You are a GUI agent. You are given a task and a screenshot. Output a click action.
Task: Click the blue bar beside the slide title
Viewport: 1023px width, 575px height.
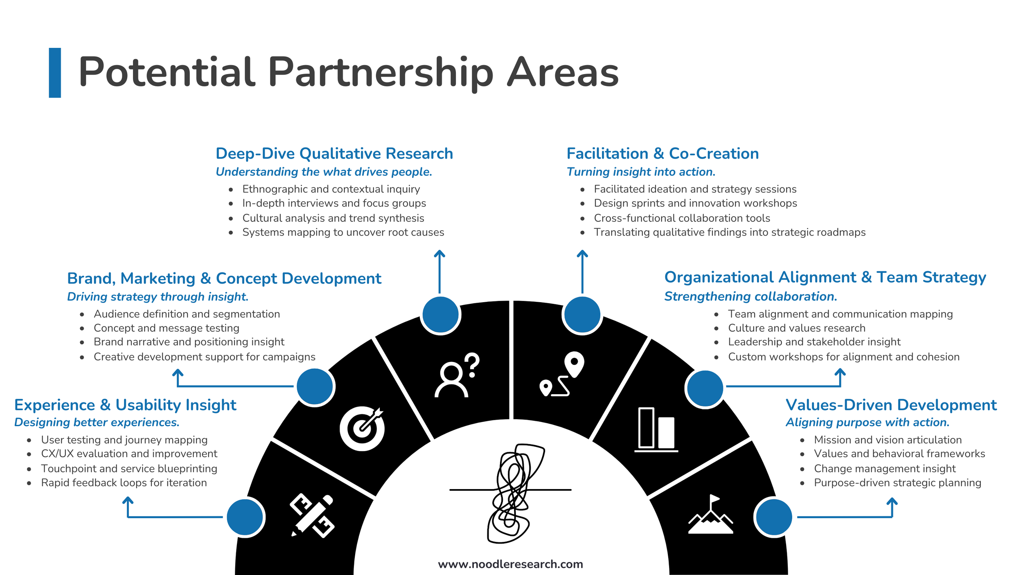[55, 73]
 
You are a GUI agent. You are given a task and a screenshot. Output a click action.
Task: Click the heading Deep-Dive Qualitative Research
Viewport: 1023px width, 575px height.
[334, 153]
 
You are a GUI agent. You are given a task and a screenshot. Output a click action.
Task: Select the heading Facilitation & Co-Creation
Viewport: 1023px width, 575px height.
[662, 153]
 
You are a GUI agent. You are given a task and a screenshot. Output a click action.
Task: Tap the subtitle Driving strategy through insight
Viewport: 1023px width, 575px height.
[158, 296]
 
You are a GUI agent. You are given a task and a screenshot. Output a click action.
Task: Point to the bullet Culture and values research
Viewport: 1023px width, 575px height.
[796, 328]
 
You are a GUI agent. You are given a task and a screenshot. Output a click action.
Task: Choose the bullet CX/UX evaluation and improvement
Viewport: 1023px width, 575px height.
[129, 454]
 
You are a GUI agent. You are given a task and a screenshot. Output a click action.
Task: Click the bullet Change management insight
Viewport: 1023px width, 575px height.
[885, 468]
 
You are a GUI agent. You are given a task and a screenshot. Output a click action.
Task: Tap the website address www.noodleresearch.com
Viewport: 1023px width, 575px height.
[510, 564]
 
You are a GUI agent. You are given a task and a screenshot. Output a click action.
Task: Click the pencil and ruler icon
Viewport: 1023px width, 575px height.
[312, 516]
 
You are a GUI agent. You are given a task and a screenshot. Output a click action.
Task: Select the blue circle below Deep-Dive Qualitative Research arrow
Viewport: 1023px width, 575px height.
[440, 315]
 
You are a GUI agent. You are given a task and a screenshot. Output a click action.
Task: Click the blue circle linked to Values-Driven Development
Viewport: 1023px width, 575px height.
[774, 517]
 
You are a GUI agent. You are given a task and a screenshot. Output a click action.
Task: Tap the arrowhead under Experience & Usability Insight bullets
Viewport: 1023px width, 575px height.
[128, 500]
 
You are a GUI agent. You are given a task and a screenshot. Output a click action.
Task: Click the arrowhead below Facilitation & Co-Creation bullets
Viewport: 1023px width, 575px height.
[582, 253]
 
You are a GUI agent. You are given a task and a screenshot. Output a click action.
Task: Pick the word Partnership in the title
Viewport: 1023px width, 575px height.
[381, 72]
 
